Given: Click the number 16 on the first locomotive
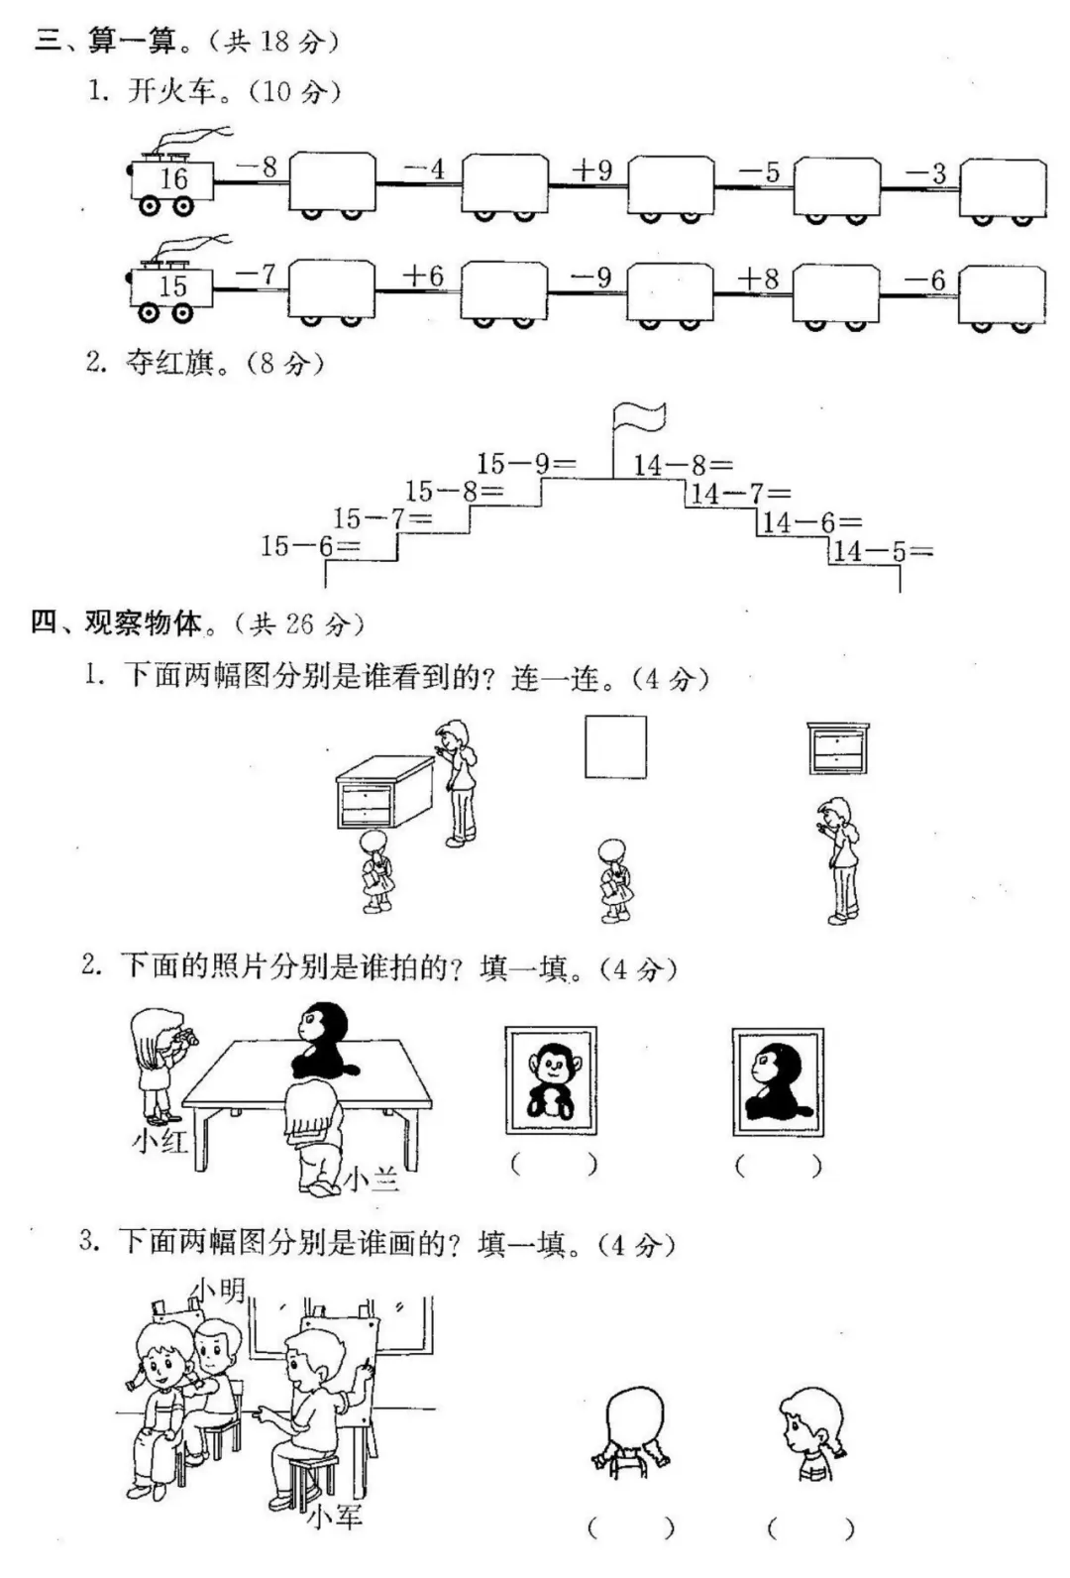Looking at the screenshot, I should (x=173, y=179).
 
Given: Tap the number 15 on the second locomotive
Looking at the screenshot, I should (x=173, y=286).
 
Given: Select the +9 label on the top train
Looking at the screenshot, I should (x=591, y=170).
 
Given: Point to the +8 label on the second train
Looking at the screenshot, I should (x=758, y=280).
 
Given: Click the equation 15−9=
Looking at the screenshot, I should (x=525, y=463).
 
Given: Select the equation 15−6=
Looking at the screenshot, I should (x=309, y=545).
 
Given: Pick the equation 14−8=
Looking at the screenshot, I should (x=683, y=464).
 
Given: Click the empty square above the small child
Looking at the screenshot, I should (x=615, y=746).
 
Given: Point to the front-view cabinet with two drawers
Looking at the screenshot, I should (x=838, y=748).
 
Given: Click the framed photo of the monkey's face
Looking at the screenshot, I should (x=551, y=1080).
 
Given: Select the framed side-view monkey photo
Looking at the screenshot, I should (x=778, y=1081).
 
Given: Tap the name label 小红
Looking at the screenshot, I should (x=160, y=1141).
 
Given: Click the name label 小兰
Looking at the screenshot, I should (x=372, y=1179).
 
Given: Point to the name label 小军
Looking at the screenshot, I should (x=334, y=1516).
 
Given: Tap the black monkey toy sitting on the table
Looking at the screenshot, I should (x=322, y=1043).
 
